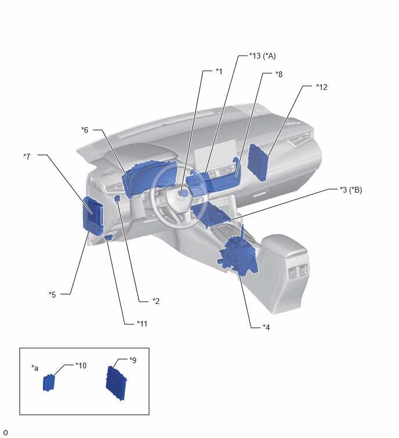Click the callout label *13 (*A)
[263, 56]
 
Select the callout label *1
[219, 71]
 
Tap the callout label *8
[279, 74]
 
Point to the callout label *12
[322, 87]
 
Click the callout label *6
[85, 130]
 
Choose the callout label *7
[27, 157]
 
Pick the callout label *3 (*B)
[351, 190]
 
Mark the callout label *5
[52, 295]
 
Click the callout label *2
[156, 301]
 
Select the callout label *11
[142, 324]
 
